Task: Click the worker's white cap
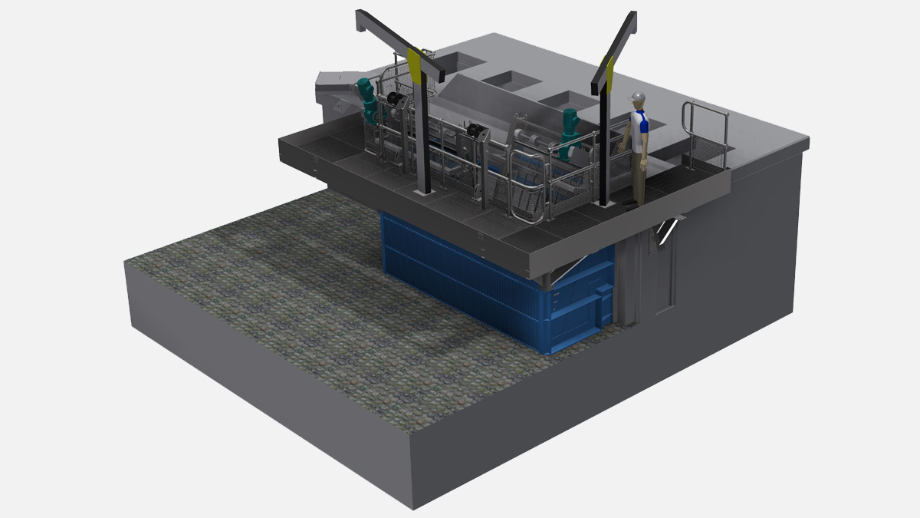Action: (636, 97)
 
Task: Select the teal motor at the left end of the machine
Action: (368, 100)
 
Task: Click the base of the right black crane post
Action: (604, 203)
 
